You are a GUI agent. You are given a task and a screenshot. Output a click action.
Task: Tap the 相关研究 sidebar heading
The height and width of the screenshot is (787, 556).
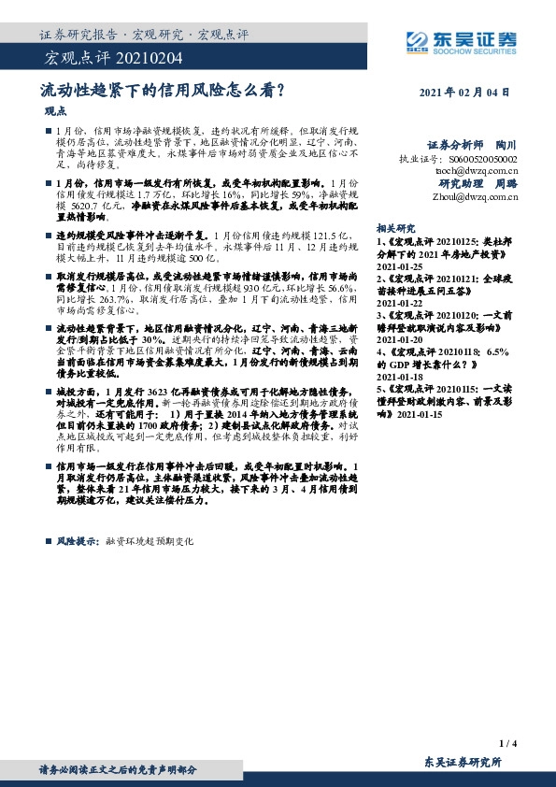pos(395,228)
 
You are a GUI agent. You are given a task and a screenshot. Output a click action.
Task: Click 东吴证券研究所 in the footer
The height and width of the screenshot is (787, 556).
pos(463,763)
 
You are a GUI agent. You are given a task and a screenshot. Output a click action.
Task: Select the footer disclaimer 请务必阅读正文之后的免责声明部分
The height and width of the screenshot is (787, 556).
pos(118,769)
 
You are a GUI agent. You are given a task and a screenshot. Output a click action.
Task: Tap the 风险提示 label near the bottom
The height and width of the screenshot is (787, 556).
pos(76,541)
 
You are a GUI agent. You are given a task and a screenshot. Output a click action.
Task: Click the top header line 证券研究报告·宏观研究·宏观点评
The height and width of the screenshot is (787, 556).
pos(144,35)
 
